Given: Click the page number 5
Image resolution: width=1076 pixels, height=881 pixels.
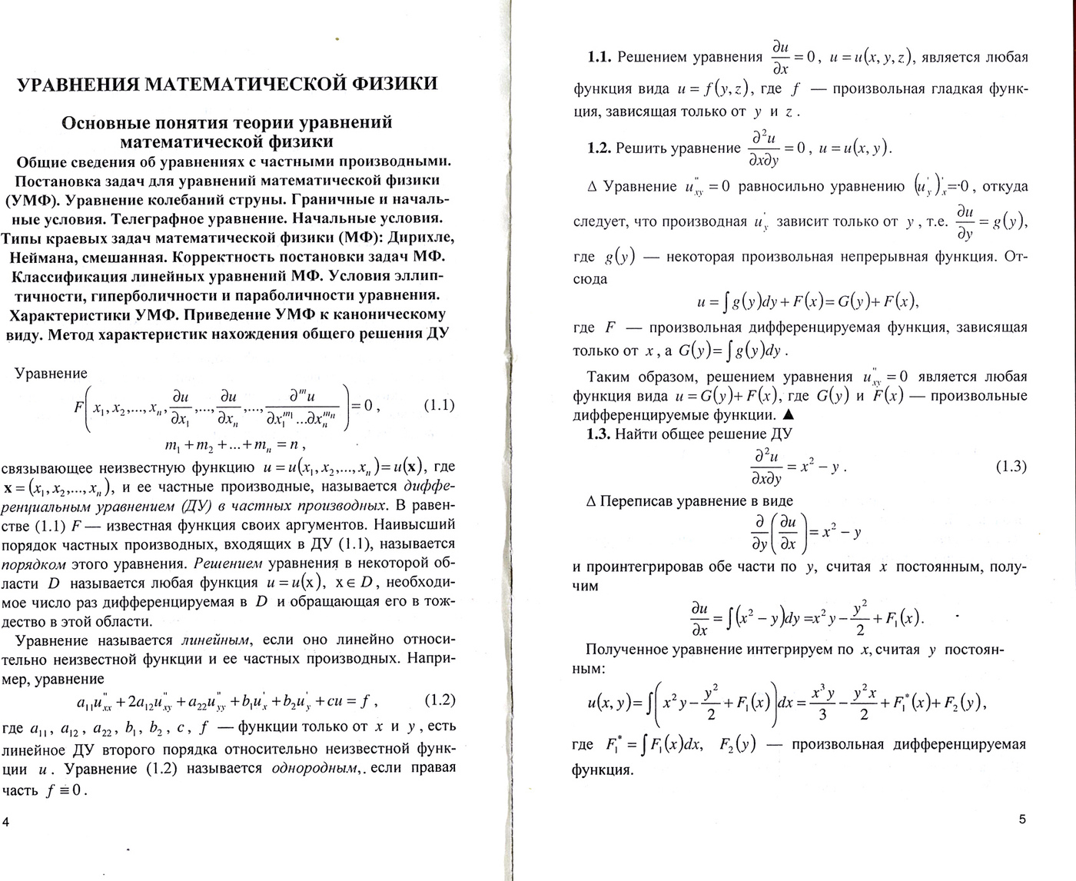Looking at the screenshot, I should [x=1021, y=819].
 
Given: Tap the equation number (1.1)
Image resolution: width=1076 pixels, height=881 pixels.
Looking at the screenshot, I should [x=439, y=405].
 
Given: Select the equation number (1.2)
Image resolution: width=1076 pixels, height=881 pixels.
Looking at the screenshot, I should [x=440, y=700].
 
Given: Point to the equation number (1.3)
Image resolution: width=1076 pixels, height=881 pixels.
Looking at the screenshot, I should [x=1011, y=466].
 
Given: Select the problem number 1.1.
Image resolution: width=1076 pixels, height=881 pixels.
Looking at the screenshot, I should [x=599, y=57].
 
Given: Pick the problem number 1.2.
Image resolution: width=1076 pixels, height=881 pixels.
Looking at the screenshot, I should [x=599, y=148].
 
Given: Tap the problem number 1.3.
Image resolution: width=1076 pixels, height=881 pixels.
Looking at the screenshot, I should [x=599, y=434].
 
